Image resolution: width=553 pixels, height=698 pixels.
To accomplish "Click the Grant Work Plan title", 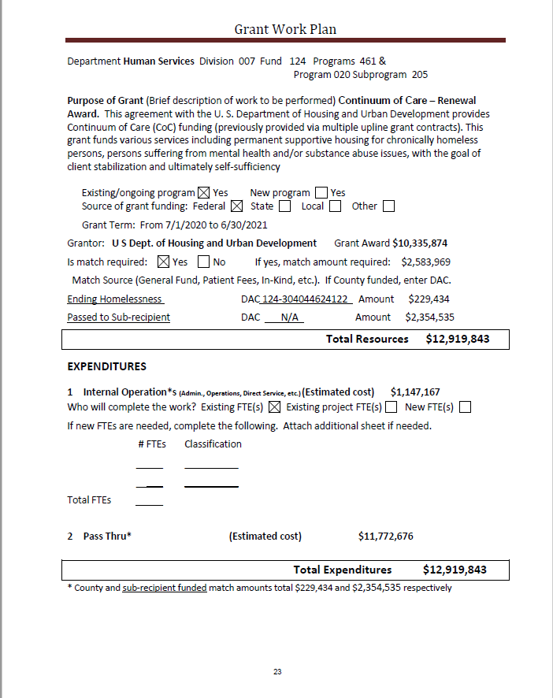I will pos(285,30).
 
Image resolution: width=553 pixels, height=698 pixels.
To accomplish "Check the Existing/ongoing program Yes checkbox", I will pos(203,192).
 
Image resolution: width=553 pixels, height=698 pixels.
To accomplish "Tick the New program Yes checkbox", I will pos(321,192).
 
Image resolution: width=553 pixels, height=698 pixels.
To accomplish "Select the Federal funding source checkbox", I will pos(237,206).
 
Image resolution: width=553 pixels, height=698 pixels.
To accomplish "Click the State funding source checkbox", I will pos(284,206).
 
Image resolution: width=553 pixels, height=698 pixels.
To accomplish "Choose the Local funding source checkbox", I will pos(335,206).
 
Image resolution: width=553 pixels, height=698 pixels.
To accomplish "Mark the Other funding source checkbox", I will pos(388,206).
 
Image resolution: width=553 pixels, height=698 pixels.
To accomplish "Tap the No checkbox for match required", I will pos(203,262).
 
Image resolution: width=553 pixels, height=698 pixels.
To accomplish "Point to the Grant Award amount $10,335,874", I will pos(420,243).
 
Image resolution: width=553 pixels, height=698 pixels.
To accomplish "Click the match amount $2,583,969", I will pos(425,262).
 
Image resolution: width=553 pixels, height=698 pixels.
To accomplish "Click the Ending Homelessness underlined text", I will pos(115,299).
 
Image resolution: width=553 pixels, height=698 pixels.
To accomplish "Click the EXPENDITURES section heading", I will pos(107,366).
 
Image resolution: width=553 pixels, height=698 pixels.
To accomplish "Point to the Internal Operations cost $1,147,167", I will pos(415,392).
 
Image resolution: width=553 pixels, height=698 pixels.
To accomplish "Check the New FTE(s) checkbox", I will pos(464,407).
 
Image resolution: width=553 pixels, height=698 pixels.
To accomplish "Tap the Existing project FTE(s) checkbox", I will pos(391,407).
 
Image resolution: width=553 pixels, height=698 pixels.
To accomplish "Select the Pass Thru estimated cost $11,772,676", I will pos(385,536).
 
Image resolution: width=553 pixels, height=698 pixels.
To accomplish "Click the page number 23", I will pos(277,672).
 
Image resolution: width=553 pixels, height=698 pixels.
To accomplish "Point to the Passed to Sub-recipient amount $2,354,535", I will pos(429,317).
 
